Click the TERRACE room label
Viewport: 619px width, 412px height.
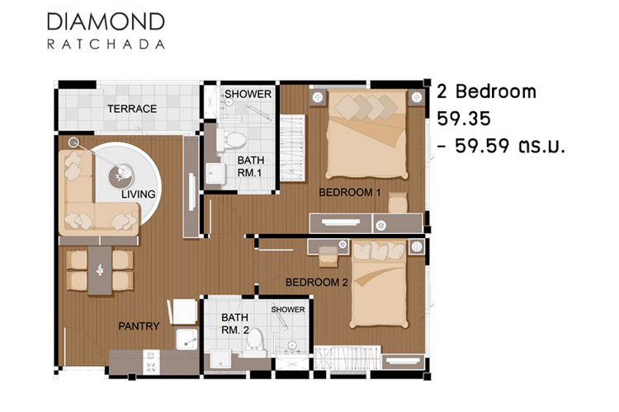[x=132, y=109]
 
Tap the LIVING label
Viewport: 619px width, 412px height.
[x=138, y=194]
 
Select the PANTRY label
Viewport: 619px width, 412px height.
[x=139, y=326]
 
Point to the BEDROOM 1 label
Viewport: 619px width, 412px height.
[x=350, y=192]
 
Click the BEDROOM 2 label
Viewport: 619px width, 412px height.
[x=317, y=283]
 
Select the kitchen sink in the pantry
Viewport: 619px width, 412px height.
[x=187, y=339]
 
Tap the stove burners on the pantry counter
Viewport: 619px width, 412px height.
[x=151, y=362]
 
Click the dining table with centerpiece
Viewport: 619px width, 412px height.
[x=100, y=270]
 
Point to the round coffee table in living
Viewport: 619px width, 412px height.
[x=120, y=176]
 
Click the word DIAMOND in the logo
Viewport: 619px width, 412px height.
[x=106, y=21]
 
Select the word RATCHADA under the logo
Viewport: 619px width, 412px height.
[x=106, y=44]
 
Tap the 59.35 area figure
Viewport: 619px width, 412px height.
[x=464, y=119]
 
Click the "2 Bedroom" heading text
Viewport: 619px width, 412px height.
[x=486, y=91]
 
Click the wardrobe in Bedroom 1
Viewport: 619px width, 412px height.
[x=292, y=147]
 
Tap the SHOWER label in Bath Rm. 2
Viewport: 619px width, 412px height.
[x=288, y=310]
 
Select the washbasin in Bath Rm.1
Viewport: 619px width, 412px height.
[x=215, y=174]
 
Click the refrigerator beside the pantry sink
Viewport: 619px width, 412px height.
[x=183, y=311]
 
